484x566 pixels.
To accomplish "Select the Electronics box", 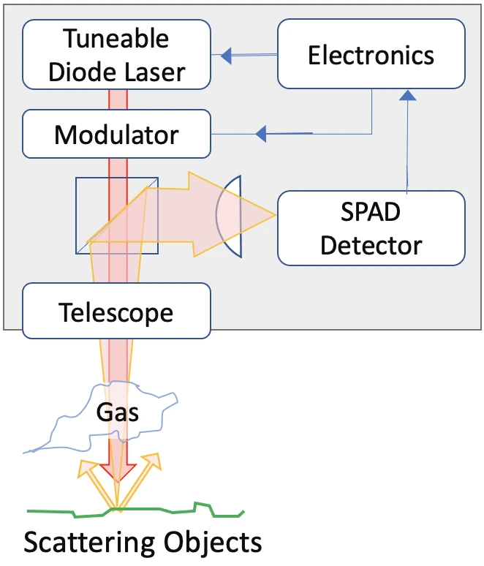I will pyautogui.click(x=371, y=55).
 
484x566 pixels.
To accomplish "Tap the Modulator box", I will pyautogui.click(x=116, y=135).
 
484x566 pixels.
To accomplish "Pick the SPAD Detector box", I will pyautogui.click(x=371, y=227).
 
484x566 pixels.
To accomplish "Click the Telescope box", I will pyautogui.click(x=116, y=312).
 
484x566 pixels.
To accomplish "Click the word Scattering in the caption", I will pyautogui.click(x=91, y=543).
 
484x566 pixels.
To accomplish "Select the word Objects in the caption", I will pyautogui.click(x=213, y=543).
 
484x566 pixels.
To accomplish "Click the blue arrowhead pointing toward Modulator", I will pyautogui.click(x=259, y=134).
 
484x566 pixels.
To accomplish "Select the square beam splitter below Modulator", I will pyautogui.click(x=117, y=215).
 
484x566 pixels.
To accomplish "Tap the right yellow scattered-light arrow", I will pyautogui.click(x=149, y=465).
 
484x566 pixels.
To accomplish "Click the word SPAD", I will pyautogui.click(x=371, y=212).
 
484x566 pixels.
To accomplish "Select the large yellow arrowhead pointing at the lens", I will pyautogui.click(x=202, y=214).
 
